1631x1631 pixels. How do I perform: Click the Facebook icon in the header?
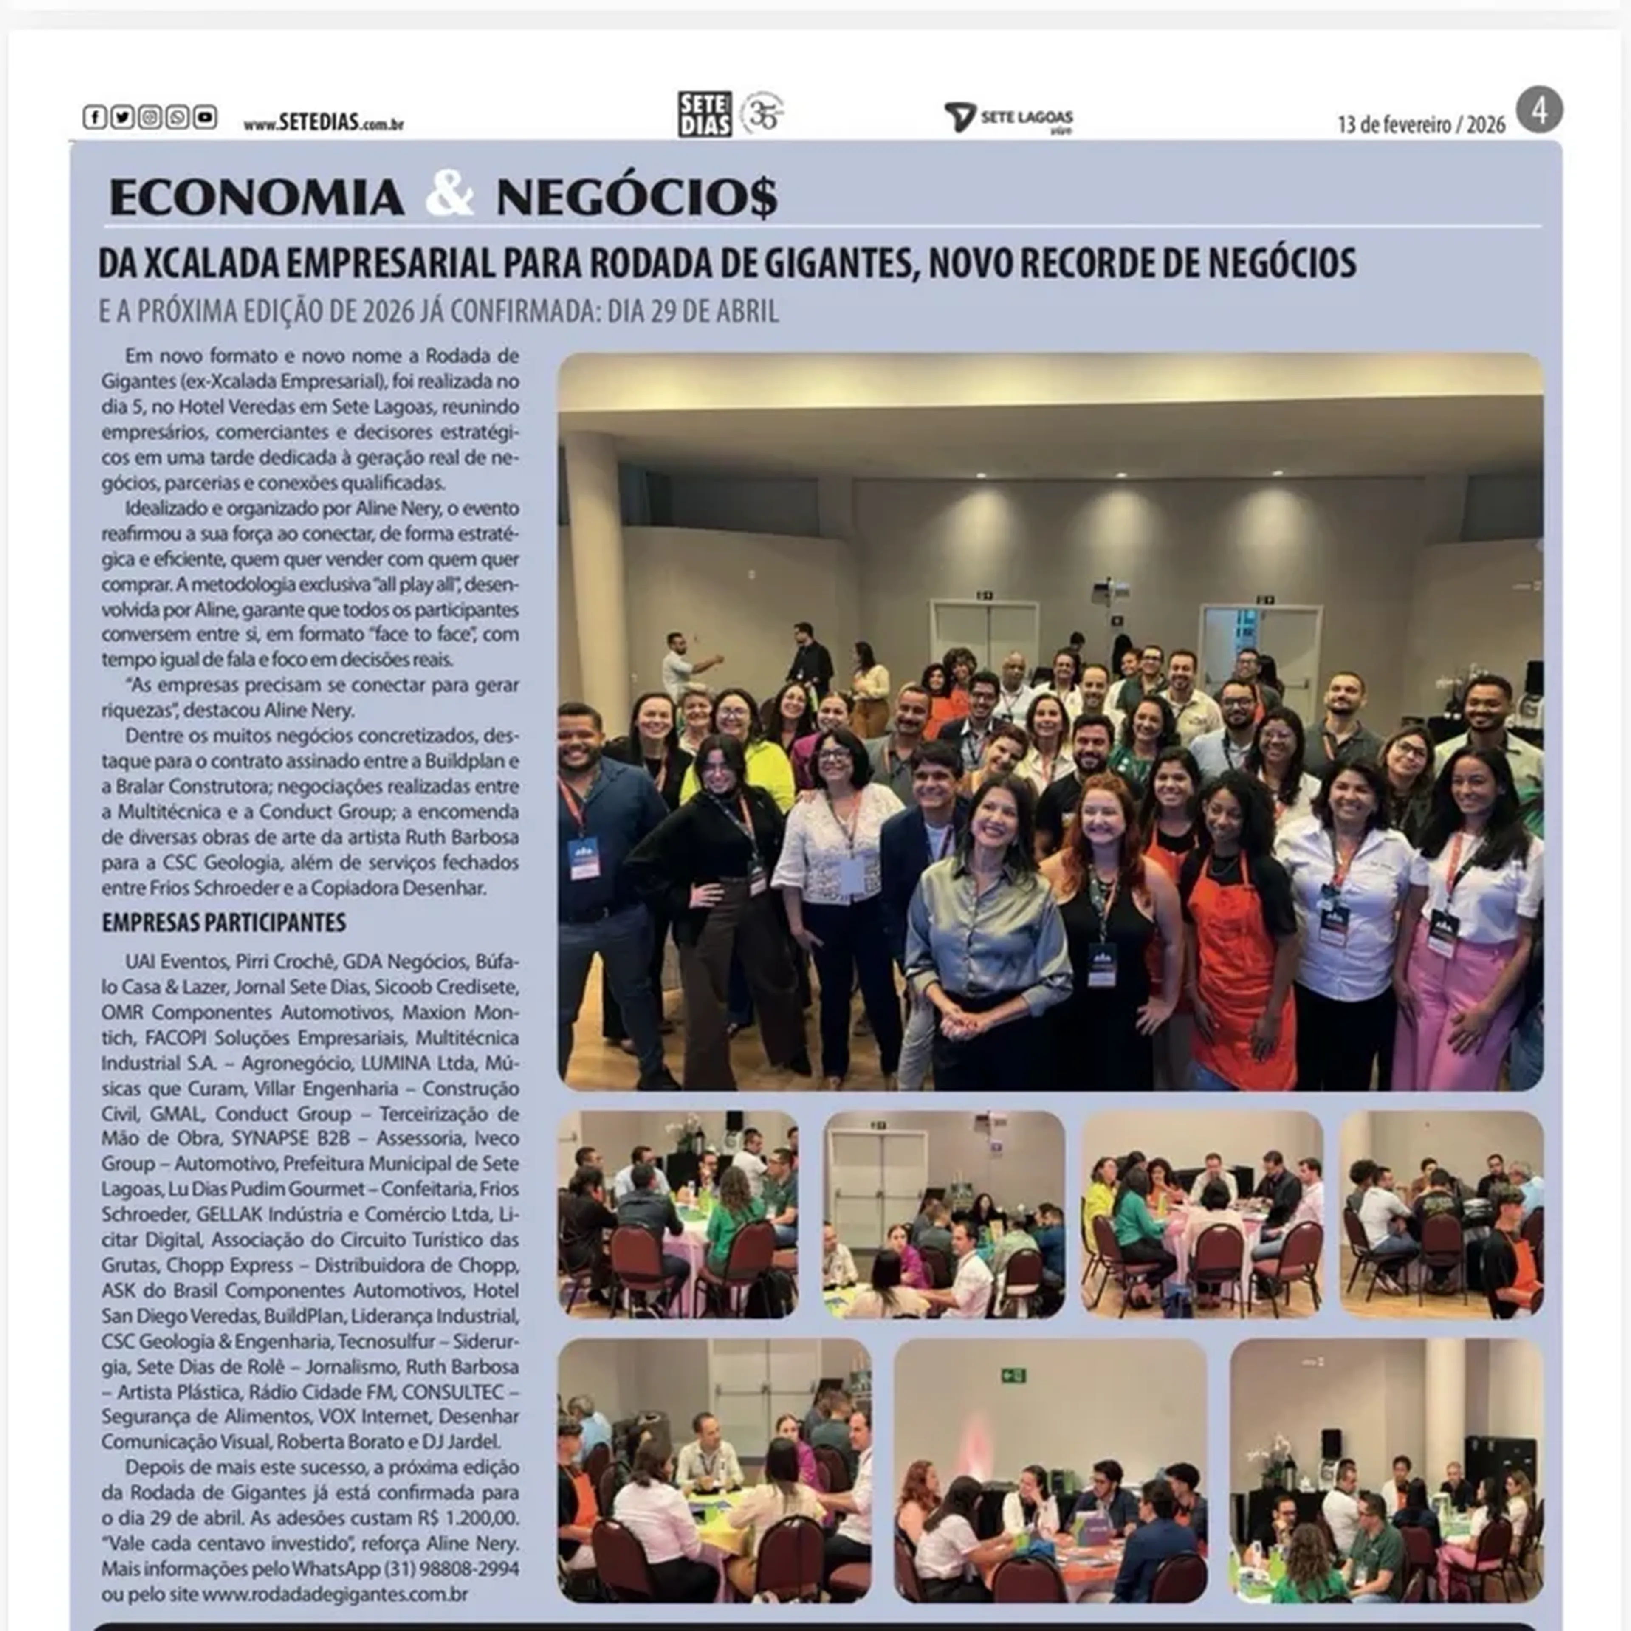pyautogui.click(x=94, y=117)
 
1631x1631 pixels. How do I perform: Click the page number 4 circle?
pyautogui.click(x=1539, y=110)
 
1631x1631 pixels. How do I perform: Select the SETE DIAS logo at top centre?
pyautogui.click(x=704, y=114)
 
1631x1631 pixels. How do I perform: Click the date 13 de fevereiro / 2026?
pyautogui.click(x=1421, y=125)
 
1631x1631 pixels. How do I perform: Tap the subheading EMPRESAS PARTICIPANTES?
pyautogui.click(x=224, y=923)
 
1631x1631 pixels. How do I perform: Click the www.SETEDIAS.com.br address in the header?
pyautogui.click(x=323, y=123)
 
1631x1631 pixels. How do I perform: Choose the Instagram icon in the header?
pyautogui.click(x=150, y=117)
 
